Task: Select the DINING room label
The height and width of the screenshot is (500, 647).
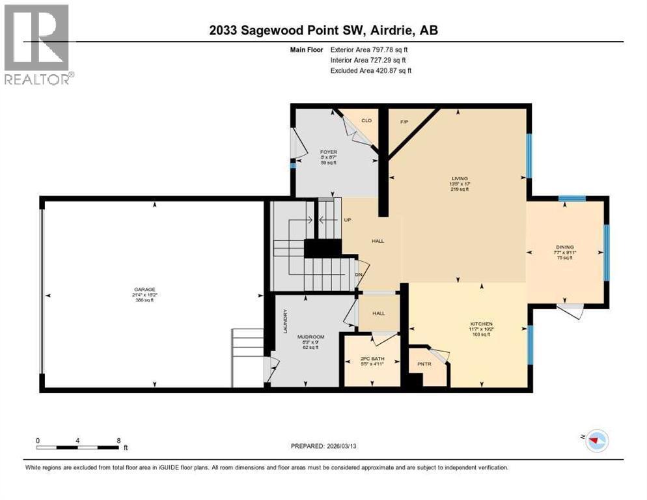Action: pos(564,247)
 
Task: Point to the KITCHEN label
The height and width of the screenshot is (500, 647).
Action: pos(482,324)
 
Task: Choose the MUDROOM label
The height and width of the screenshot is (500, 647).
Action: pos(310,337)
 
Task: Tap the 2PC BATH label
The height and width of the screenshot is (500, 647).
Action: pos(372,359)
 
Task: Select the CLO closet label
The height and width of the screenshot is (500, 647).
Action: pos(366,120)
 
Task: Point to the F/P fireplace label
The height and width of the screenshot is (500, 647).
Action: pos(403,120)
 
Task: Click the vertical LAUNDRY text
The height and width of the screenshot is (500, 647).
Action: pos(285,321)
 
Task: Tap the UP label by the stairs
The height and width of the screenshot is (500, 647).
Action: pos(348,219)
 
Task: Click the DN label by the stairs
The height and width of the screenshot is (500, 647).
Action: pos(358,274)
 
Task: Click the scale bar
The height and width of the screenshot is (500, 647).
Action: pos(78,447)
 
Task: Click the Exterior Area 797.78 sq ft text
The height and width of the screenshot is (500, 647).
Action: pos(371,49)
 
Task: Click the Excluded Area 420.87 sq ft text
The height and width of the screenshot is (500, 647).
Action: pos(371,70)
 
